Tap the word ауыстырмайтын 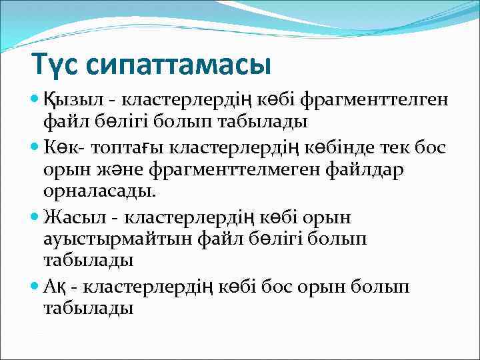pos(118,239)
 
